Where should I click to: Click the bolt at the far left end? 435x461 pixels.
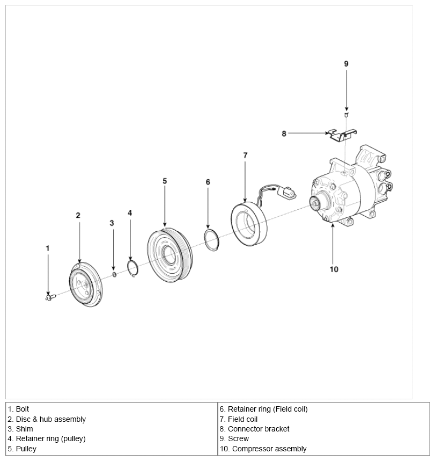tap(50, 297)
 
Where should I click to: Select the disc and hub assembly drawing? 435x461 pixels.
tap(86, 284)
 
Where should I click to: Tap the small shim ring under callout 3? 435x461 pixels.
tap(114, 274)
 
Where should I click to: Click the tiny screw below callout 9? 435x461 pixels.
tap(346, 115)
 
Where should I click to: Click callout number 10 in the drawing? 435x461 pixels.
tap(334, 269)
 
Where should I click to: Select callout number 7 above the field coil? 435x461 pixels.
tap(246, 155)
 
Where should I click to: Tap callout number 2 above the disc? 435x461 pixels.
tap(78, 216)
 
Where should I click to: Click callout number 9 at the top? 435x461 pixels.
tap(346, 64)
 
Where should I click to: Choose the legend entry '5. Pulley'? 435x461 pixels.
tap(22, 449)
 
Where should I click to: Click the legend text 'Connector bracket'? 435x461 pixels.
tap(259, 429)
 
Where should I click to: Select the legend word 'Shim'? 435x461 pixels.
tap(24, 429)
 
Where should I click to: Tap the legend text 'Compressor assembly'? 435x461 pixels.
tap(269, 449)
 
